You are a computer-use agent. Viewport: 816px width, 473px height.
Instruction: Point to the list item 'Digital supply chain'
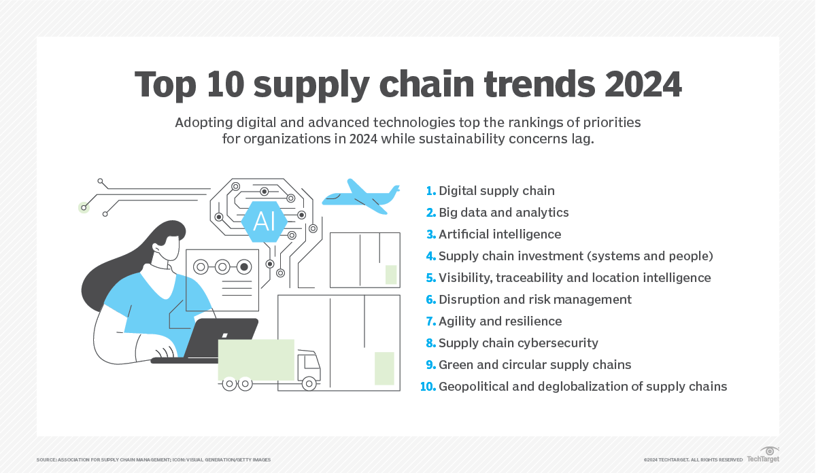[x=496, y=191]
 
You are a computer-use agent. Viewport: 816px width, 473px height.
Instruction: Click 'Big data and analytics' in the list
[x=503, y=213]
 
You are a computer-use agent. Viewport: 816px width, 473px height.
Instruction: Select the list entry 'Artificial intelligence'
[x=500, y=234]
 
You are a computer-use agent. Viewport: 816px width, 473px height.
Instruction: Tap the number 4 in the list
[x=430, y=256]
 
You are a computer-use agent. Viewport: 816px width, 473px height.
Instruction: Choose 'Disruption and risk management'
[x=535, y=300]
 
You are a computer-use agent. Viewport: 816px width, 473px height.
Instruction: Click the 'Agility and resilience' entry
[x=500, y=321]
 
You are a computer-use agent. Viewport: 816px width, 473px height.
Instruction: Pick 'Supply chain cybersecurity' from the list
[x=518, y=343]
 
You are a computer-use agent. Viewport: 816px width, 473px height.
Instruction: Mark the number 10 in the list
[x=428, y=387]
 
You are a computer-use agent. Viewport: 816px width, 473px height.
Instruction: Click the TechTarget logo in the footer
[x=763, y=455]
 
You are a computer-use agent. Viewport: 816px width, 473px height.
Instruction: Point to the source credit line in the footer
[x=154, y=460]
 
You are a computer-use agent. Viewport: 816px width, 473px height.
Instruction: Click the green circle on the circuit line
[x=84, y=208]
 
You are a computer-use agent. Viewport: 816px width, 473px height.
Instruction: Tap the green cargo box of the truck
[x=256, y=360]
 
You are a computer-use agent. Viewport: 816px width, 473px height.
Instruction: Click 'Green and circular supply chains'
[x=534, y=365]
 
